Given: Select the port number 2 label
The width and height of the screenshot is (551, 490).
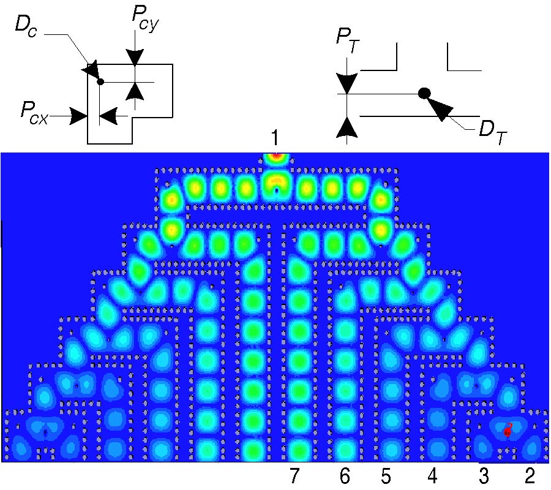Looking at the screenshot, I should [x=530, y=475].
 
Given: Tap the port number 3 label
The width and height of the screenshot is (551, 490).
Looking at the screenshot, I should [x=484, y=475].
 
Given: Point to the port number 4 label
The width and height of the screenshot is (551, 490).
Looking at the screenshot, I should [x=433, y=475].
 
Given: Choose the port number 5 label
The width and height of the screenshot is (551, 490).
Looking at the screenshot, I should [x=385, y=475].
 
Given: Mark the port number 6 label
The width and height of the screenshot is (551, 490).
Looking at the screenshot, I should [x=345, y=475].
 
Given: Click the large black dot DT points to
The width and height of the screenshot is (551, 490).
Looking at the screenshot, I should [x=424, y=93].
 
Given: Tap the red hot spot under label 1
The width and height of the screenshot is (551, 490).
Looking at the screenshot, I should [x=277, y=156].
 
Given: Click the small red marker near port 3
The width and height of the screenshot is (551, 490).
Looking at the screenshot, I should [x=508, y=431].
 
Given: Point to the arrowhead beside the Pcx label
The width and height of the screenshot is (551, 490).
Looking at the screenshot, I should [x=77, y=115].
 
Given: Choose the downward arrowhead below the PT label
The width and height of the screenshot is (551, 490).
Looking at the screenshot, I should [x=347, y=84].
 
